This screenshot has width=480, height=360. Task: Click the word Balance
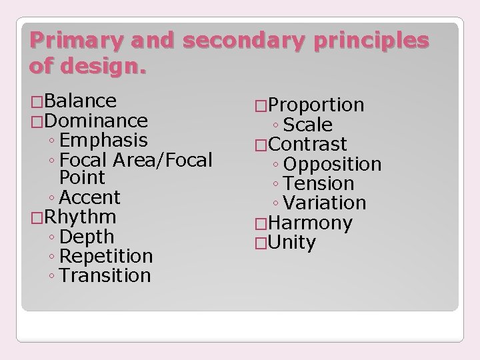pyautogui.click(x=82, y=101)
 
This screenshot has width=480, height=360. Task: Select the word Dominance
pyautogui.click(x=97, y=121)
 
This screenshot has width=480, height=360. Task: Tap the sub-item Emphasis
pyautogui.click(x=103, y=140)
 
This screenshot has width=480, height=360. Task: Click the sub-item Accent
pyautogui.click(x=89, y=197)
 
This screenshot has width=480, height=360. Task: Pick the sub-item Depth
pyautogui.click(x=87, y=237)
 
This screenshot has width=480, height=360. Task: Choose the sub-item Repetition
pyautogui.click(x=106, y=256)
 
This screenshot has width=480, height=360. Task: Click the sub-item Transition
pyautogui.click(x=105, y=275)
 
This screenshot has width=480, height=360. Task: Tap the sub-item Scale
pyautogui.click(x=307, y=125)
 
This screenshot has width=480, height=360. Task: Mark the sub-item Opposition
pyautogui.click(x=332, y=164)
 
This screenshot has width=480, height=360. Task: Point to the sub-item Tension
pyautogui.click(x=319, y=183)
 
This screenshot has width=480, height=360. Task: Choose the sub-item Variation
pyautogui.click(x=325, y=203)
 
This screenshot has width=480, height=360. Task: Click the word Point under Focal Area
pyautogui.click(x=82, y=178)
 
